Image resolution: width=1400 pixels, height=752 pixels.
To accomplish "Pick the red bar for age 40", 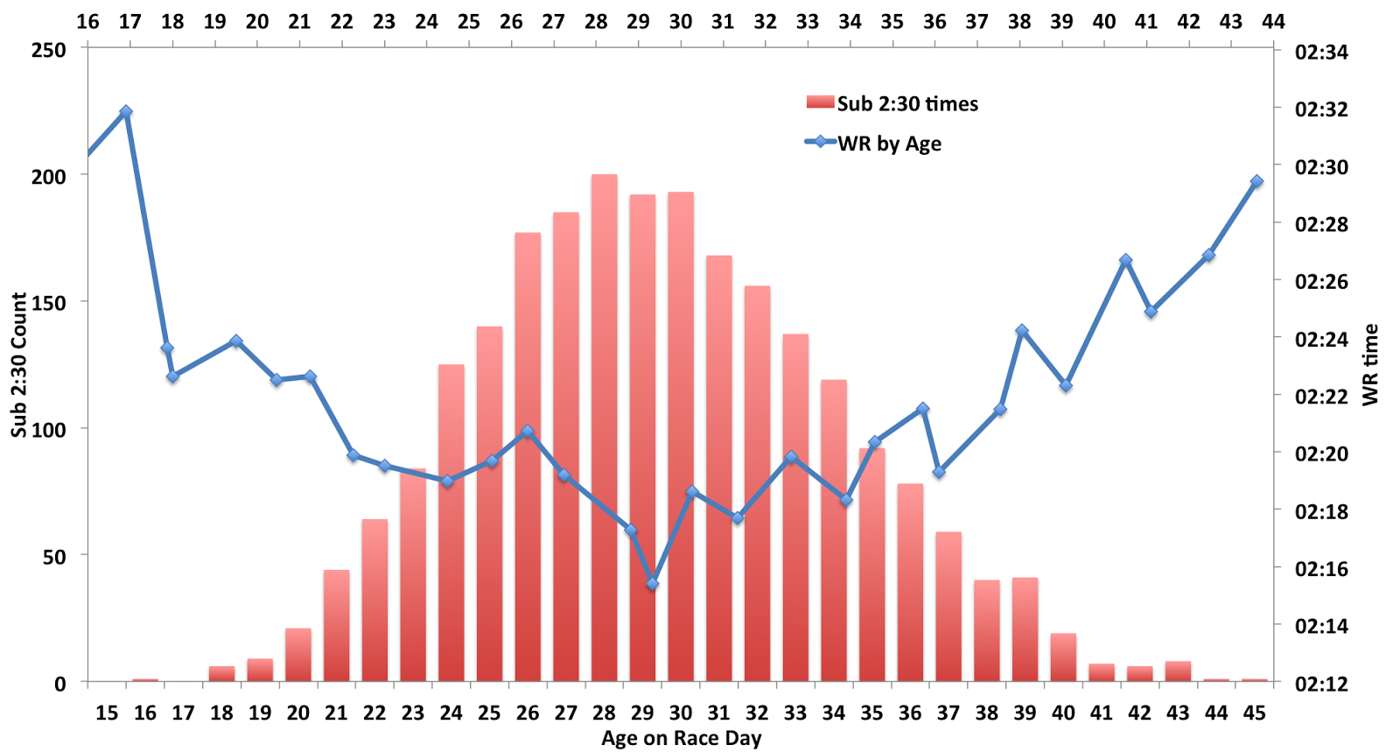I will pos(1063,657).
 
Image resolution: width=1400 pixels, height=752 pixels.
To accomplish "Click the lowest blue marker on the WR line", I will pos(652,583).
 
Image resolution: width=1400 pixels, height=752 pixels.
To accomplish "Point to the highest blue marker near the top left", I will pos(126,112).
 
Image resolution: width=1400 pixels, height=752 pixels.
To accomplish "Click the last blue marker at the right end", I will pos(1256,182).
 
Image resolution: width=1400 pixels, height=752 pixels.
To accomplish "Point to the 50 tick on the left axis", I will pos(55,556).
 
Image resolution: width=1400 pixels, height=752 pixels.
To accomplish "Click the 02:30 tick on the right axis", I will pos(1321,166).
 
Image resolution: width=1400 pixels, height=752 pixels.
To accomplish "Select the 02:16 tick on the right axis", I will pos(1321,569).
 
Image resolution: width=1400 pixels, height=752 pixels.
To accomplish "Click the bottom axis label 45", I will pos(1254,713).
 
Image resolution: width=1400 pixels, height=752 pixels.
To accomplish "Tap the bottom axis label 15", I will pos(107,713).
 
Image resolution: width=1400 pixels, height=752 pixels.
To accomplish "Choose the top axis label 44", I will pos(1273,21).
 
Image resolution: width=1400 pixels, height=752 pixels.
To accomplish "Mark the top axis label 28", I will pos(596,21).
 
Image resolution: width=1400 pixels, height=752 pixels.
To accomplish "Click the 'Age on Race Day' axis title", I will pos(681,739).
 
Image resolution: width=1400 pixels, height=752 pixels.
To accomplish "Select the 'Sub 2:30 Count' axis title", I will pos(19,365).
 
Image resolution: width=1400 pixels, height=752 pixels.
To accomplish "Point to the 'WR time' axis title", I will pos(1370,365).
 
